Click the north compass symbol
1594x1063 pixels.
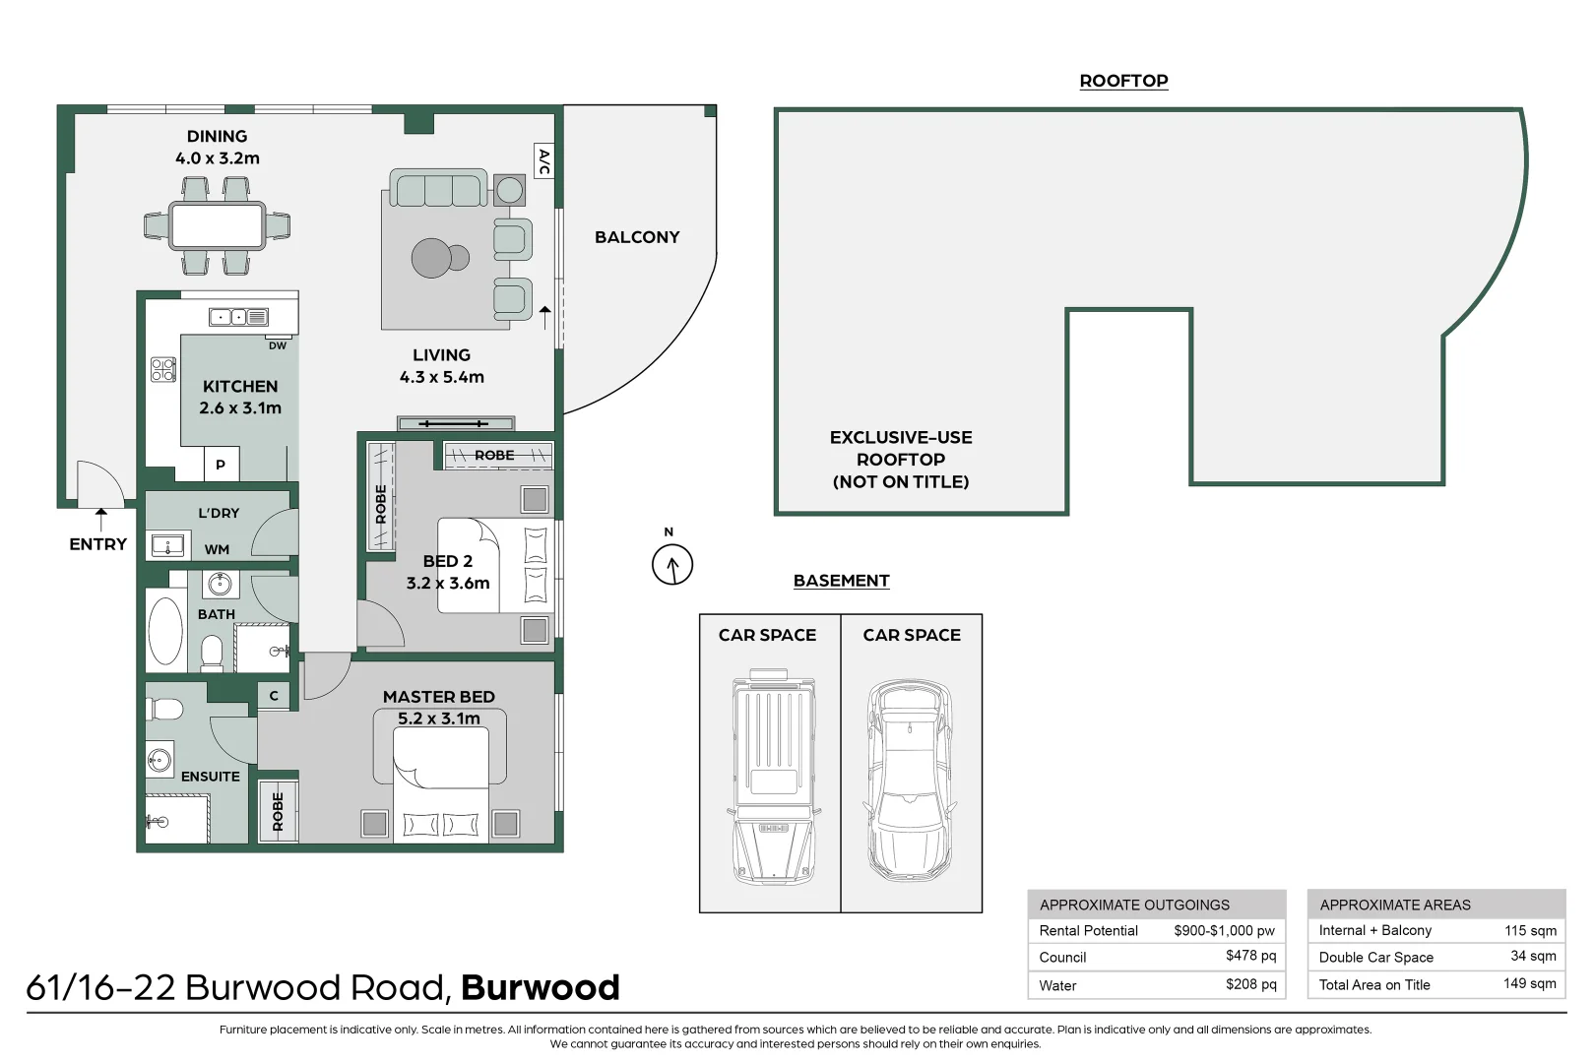[672, 565]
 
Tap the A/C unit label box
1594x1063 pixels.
[543, 161]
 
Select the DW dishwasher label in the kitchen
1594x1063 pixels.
[278, 345]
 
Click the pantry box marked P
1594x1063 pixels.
[221, 464]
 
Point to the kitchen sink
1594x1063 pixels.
[238, 317]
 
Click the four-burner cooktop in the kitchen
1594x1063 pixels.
[162, 369]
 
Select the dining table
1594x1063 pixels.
[217, 225]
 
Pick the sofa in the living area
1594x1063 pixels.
[438, 188]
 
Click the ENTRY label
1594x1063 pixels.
[97, 544]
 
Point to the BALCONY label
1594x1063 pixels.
[637, 237]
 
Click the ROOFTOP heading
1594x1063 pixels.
[1123, 81]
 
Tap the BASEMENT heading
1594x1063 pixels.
[841, 581]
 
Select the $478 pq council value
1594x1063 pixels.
[1250, 956]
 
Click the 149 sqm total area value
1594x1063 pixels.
[1529, 983]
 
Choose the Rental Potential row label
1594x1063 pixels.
[1088, 930]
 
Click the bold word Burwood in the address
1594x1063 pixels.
[540, 987]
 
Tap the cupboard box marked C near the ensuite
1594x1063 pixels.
[274, 696]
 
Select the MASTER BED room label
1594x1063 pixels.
[439, 697]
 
